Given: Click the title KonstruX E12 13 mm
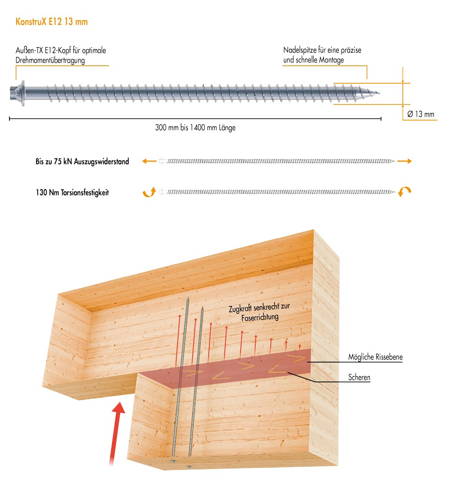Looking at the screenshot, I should [51, 22].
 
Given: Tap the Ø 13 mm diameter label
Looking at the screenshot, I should [421, 114].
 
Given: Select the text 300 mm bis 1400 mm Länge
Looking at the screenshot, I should [195, 128].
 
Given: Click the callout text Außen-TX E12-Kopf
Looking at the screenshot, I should [61, 50].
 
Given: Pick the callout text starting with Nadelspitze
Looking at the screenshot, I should [322, 50].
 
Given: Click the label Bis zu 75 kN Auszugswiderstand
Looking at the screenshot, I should [82, 162].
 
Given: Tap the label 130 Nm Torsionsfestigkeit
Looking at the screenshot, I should [72, 193].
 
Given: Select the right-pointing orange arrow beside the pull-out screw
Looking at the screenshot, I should [405, 161].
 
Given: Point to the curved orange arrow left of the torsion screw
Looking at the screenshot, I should [148, 192].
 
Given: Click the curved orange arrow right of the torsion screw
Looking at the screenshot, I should [405, 192].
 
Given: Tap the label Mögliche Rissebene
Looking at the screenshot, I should [375, 357].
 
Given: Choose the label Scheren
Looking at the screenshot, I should [359, 378].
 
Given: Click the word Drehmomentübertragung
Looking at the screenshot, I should [50, 60].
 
